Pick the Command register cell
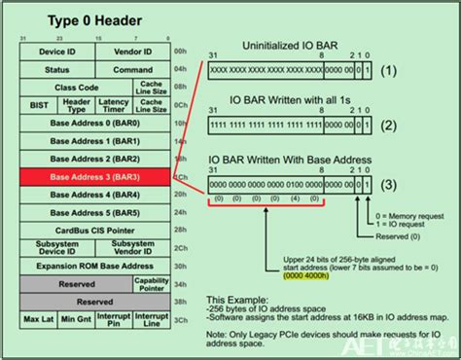pos(132,69)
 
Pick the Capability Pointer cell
pos(150,283)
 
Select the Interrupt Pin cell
pos(114,320)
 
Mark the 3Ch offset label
pos(178,320)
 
